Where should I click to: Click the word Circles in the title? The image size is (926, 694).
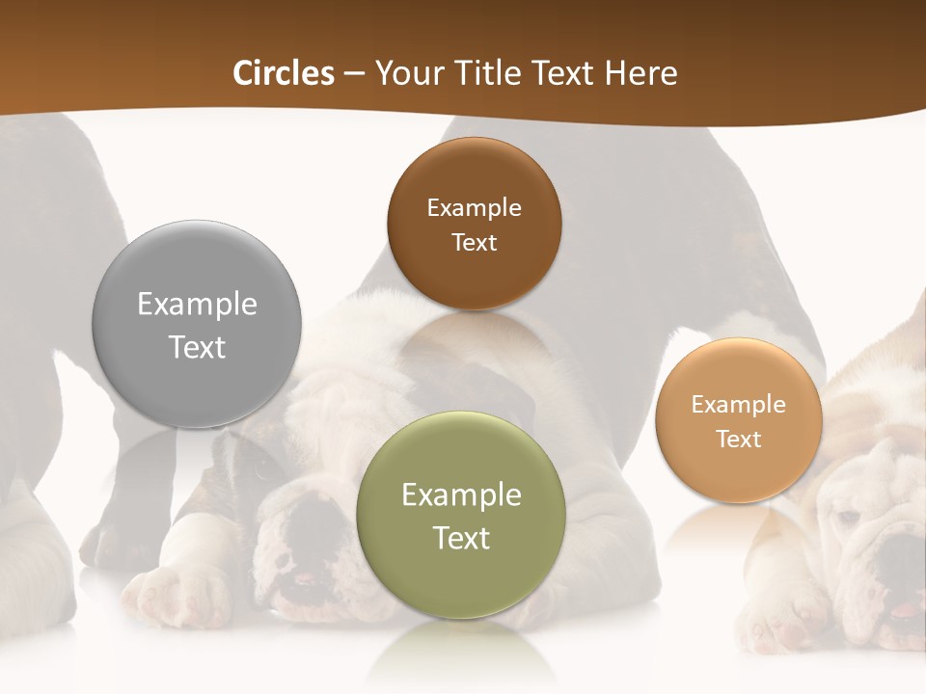283,73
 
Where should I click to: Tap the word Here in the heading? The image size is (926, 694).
640,73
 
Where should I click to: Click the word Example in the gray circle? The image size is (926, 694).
197,305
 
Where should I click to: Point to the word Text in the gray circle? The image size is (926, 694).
197,347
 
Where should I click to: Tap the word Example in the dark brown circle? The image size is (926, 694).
474,208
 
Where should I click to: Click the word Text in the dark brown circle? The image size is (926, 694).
474,242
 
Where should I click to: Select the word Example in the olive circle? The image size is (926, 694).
461,495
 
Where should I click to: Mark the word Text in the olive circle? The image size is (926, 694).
461,538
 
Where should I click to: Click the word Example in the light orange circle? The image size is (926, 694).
738,405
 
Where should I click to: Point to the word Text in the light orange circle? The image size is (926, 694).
738,440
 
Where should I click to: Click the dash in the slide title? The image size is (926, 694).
354,74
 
